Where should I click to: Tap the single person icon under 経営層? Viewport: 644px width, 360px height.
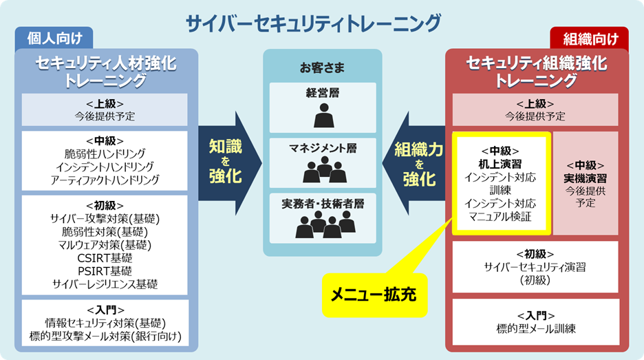pos(323,116)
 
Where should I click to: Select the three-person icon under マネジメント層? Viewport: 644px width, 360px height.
pos(323,169)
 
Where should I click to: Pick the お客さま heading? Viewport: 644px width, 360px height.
pos(322,68)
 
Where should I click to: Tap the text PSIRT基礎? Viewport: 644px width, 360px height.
pos(105,271)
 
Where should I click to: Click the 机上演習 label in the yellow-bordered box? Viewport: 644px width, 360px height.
pos(500,164)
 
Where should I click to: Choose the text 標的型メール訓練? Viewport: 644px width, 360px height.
pos(535,328)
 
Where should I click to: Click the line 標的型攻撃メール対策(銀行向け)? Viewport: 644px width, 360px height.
pos(105,335)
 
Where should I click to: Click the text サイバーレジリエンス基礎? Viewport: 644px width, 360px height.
pos(105,283)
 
